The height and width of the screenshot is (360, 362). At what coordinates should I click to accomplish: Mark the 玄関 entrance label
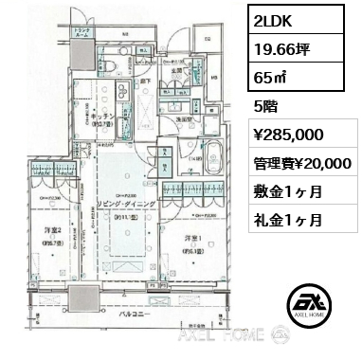tap(177, 70)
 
